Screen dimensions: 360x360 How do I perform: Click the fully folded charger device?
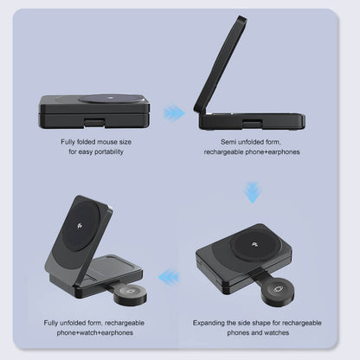point(94,109)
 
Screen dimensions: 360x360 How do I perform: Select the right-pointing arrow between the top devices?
point(175,112)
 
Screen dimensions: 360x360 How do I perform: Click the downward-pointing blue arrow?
point(252,191)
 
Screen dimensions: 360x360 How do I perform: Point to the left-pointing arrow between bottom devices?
point(170,277)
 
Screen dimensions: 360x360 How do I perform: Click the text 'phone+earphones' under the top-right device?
point(270,151)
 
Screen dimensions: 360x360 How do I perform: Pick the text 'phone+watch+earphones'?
point(95,332)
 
